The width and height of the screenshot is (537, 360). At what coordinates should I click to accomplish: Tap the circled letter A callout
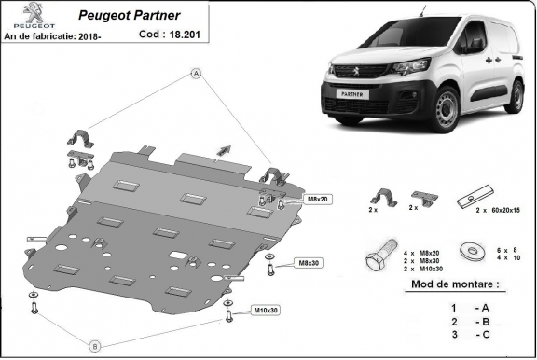pos(197,73)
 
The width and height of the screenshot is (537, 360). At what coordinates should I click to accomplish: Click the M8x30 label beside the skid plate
pos(309,263)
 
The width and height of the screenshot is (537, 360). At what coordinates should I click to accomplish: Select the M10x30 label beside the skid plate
pos(266,310)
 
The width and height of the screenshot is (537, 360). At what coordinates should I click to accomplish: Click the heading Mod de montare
pos(454,283)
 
